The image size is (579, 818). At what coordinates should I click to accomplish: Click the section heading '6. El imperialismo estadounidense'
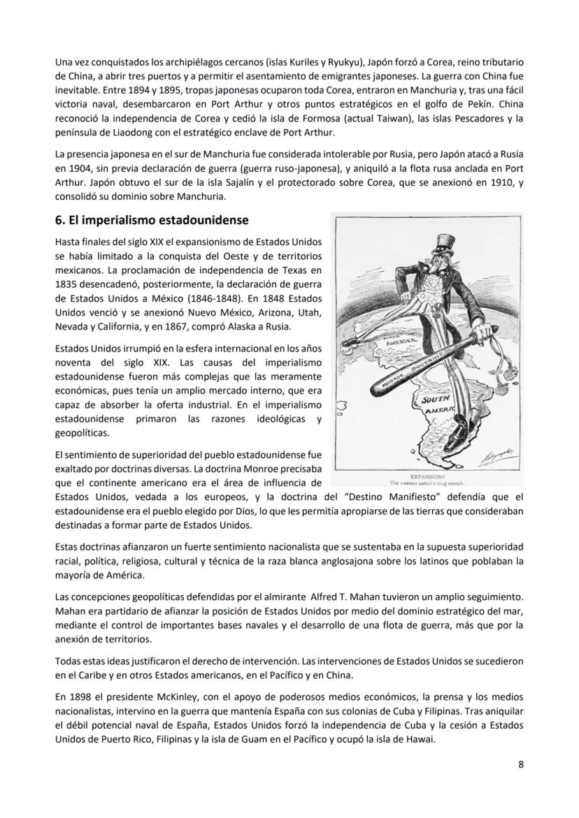tap(151, 220)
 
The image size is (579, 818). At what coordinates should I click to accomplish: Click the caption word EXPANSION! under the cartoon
tap(427, 477)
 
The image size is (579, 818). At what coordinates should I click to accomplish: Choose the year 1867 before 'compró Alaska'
tap(197, 327)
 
